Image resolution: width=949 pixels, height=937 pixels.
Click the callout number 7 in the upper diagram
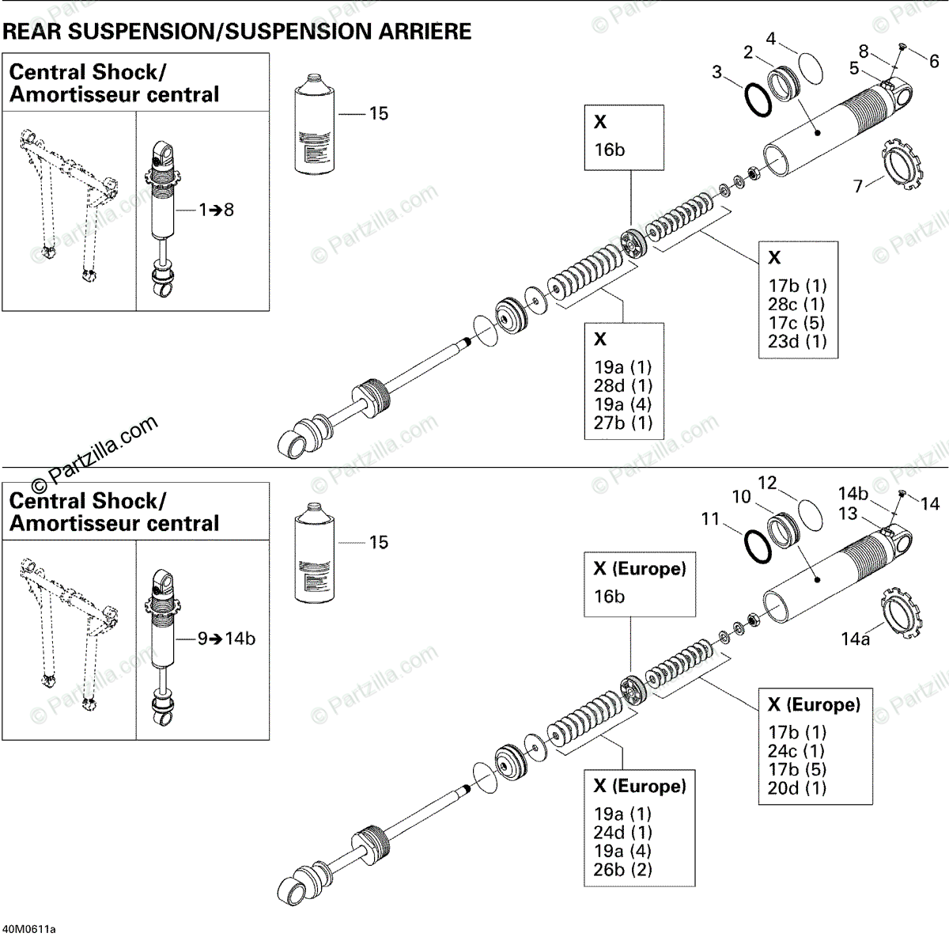[x=858, y=187]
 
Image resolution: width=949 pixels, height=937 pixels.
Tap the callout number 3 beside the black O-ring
[x=716, y=73]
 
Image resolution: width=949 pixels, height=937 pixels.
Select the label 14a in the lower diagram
[x=855, y=638]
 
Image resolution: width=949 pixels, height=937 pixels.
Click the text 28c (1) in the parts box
[x=796, y=304]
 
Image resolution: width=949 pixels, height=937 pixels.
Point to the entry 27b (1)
[x=623, y=423]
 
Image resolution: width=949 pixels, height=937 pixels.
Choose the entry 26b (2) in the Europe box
[x=623, y=870]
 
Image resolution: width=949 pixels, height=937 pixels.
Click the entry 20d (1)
[x=796, y=787]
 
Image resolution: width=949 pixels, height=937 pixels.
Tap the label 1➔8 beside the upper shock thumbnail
[x=216, y=210]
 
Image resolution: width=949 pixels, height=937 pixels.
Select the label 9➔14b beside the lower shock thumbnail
[x=226, y=639]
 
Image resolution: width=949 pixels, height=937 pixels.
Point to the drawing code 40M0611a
[x=30, y=928]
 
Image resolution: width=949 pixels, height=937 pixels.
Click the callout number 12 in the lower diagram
[x=767, y=483]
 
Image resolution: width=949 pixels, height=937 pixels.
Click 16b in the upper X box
[x=610, y=150]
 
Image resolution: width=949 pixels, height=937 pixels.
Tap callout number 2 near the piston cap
[x=748, y=52]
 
